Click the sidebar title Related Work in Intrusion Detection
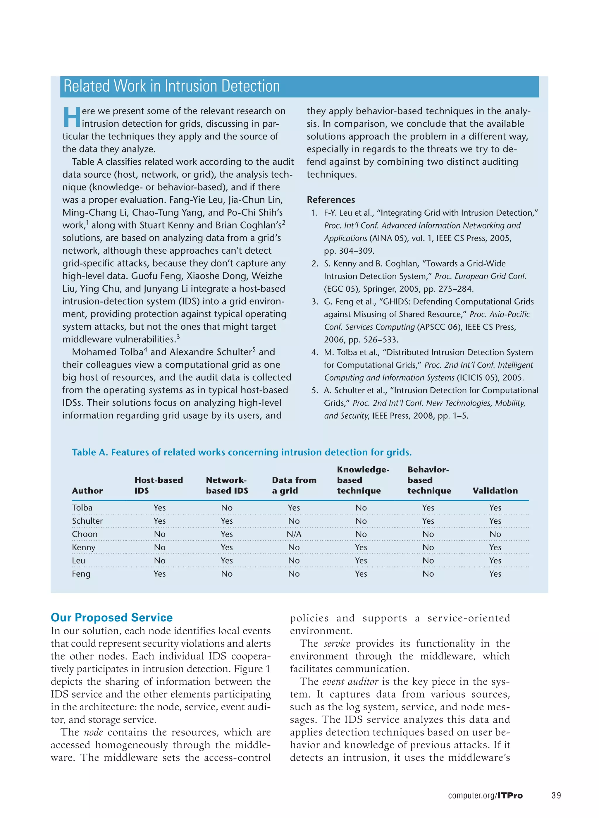tap(171, 86)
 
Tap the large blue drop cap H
tap(71, 117)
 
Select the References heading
tap(331, 200)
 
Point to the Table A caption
tap(242, 452)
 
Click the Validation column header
tap(495, 491)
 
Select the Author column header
tap(87, 491)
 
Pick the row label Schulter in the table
tap(87, 521)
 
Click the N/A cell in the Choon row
tap(294, 534)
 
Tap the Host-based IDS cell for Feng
tap(159, 574)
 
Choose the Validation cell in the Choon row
tap(495, 534)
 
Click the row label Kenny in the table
tap(84, 547)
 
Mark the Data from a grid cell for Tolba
tap(294, 508)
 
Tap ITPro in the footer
tap(510, 795)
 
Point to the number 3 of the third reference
tap(314, 302)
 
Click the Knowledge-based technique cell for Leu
tap(361, 561)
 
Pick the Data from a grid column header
tap(294, 485)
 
